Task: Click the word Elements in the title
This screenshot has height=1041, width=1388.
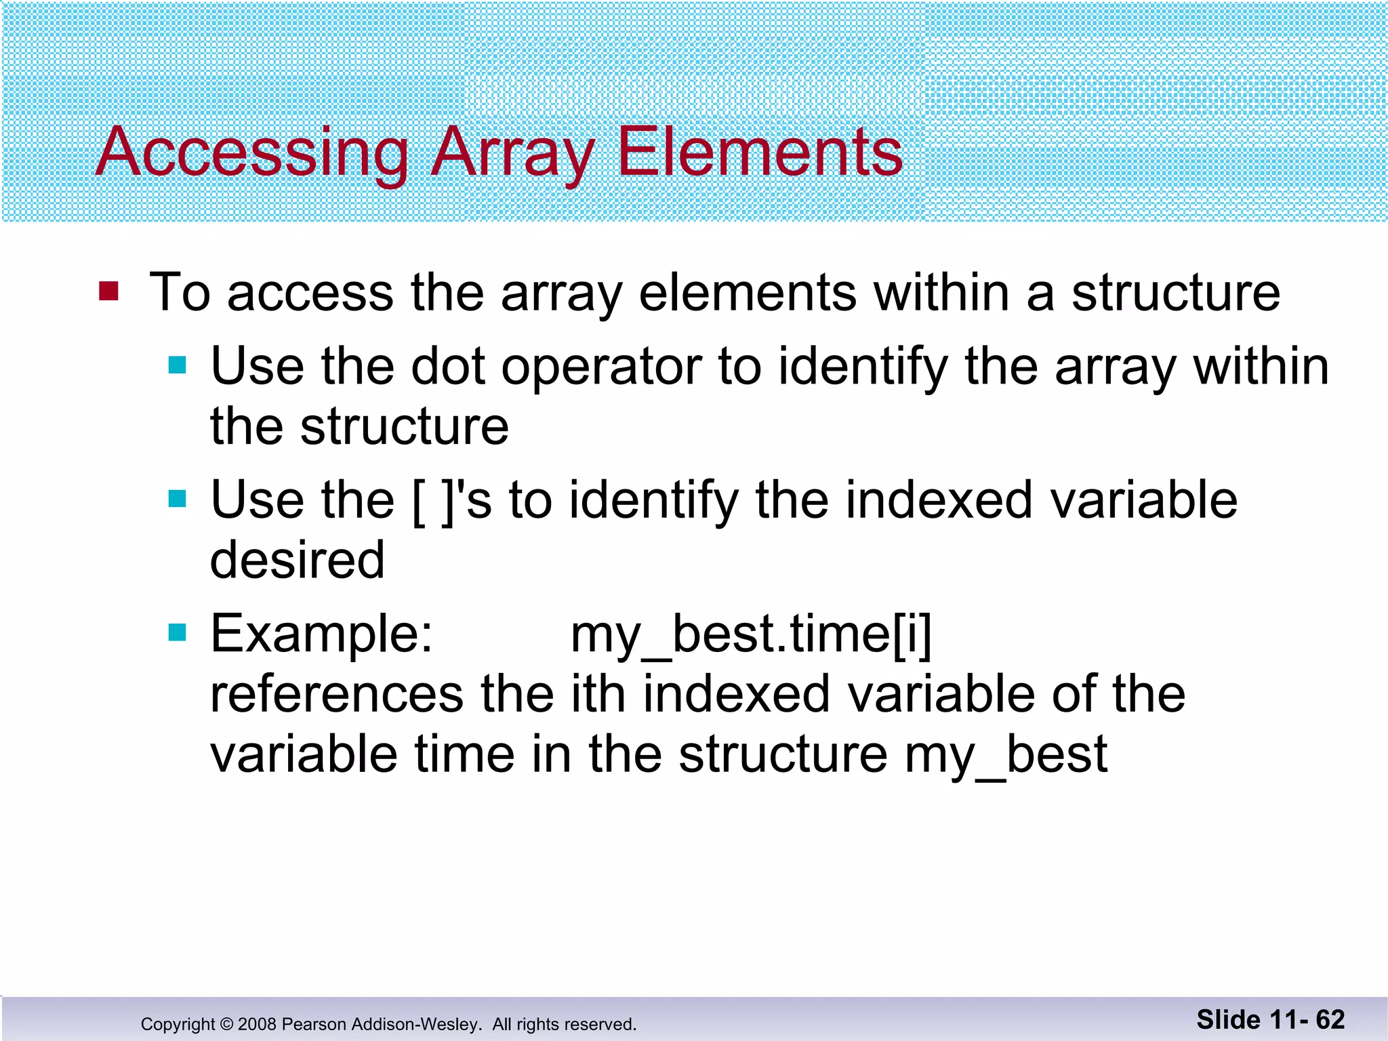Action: pos(759,152)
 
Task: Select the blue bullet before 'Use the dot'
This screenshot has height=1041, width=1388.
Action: pos(177,366)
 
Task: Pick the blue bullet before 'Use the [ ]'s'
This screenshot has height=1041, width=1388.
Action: pos(177,499)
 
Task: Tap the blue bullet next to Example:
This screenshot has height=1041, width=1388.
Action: pos(177,633)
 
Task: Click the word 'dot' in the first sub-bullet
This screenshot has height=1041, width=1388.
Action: pos(448,367)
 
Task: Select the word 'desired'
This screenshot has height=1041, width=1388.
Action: pos(297,560)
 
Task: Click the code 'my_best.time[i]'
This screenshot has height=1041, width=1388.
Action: pos(751,636)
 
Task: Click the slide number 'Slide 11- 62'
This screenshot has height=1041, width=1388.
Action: pos(1270,1019)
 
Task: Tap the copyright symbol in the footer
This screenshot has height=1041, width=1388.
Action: pos(226,1024)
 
